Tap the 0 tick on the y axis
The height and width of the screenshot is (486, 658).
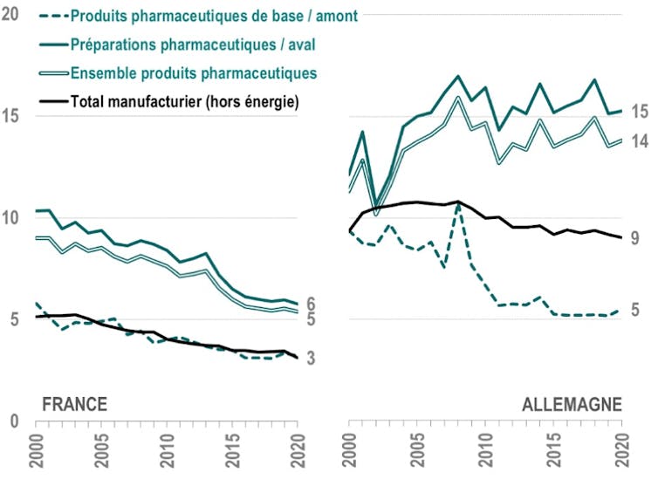point(15,421)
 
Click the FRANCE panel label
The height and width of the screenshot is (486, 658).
point(75,404)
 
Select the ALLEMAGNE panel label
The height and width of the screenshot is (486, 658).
point(572,404)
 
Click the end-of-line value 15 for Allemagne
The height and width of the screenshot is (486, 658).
point(640,111)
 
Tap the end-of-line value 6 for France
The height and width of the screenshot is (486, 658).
point(311,304)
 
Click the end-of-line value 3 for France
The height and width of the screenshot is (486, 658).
point(311,358)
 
